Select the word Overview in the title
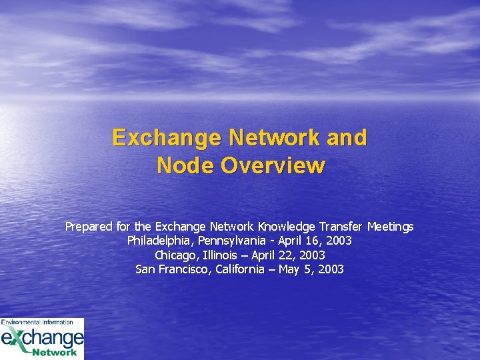pos(273,165)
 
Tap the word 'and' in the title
pos(345,137)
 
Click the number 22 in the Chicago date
pos(287,255)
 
